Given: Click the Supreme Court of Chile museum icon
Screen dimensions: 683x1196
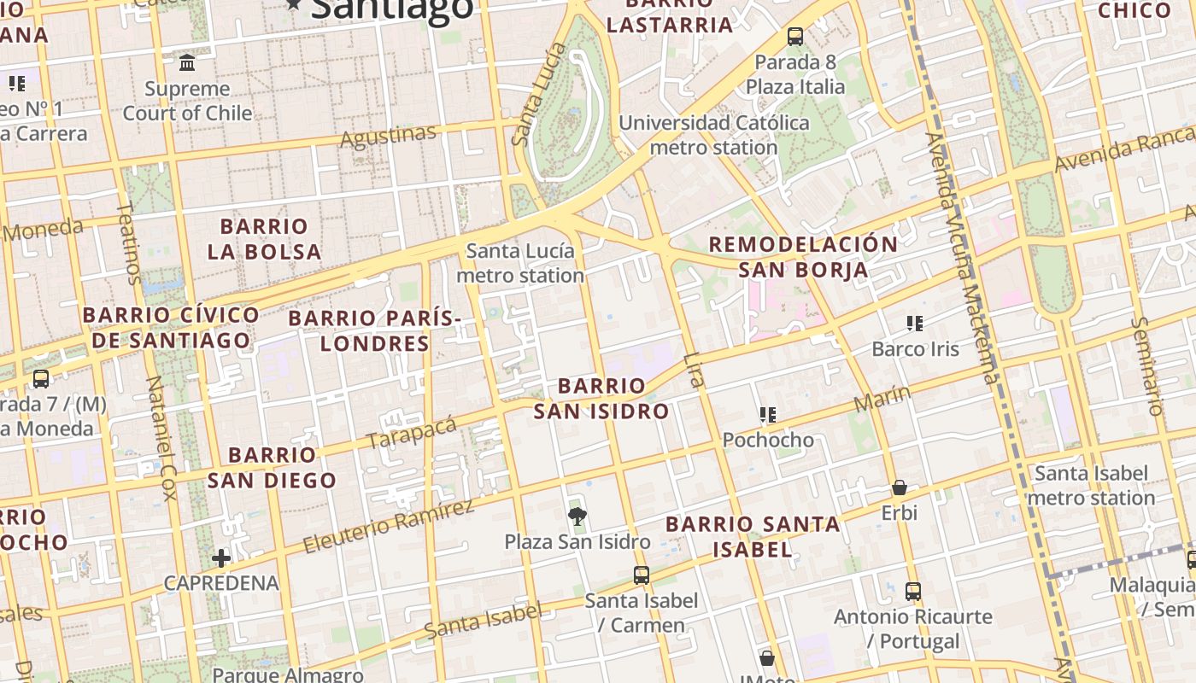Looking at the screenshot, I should point(187,62).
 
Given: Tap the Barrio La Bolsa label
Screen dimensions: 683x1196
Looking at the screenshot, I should point(264,239).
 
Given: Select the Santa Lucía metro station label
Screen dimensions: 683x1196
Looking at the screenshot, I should point(520,263).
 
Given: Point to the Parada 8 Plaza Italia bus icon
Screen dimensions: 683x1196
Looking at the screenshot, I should point(795,37).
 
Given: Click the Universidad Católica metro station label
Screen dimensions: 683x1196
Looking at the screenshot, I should point(713,135).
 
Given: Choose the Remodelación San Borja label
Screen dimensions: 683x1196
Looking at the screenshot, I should point(803,257).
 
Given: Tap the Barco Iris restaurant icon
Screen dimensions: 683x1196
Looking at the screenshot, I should point(915,324).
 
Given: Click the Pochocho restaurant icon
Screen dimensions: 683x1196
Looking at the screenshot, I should point(768,415).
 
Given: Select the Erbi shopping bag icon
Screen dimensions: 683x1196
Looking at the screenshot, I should point(899,487).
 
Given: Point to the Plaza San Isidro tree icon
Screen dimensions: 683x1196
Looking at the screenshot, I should point(577,516).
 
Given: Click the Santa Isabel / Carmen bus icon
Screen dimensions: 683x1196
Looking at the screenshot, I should point(642,575).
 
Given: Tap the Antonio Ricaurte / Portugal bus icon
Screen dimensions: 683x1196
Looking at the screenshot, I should point(913,591).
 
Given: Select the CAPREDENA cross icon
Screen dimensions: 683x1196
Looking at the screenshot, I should point(221,558).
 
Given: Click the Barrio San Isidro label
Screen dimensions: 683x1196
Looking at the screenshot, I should point(601,399).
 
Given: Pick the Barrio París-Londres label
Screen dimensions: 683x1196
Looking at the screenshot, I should point(374,330).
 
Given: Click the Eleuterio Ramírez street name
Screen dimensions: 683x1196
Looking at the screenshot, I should point(389,526).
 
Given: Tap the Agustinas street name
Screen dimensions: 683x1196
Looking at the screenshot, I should point(389,136).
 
